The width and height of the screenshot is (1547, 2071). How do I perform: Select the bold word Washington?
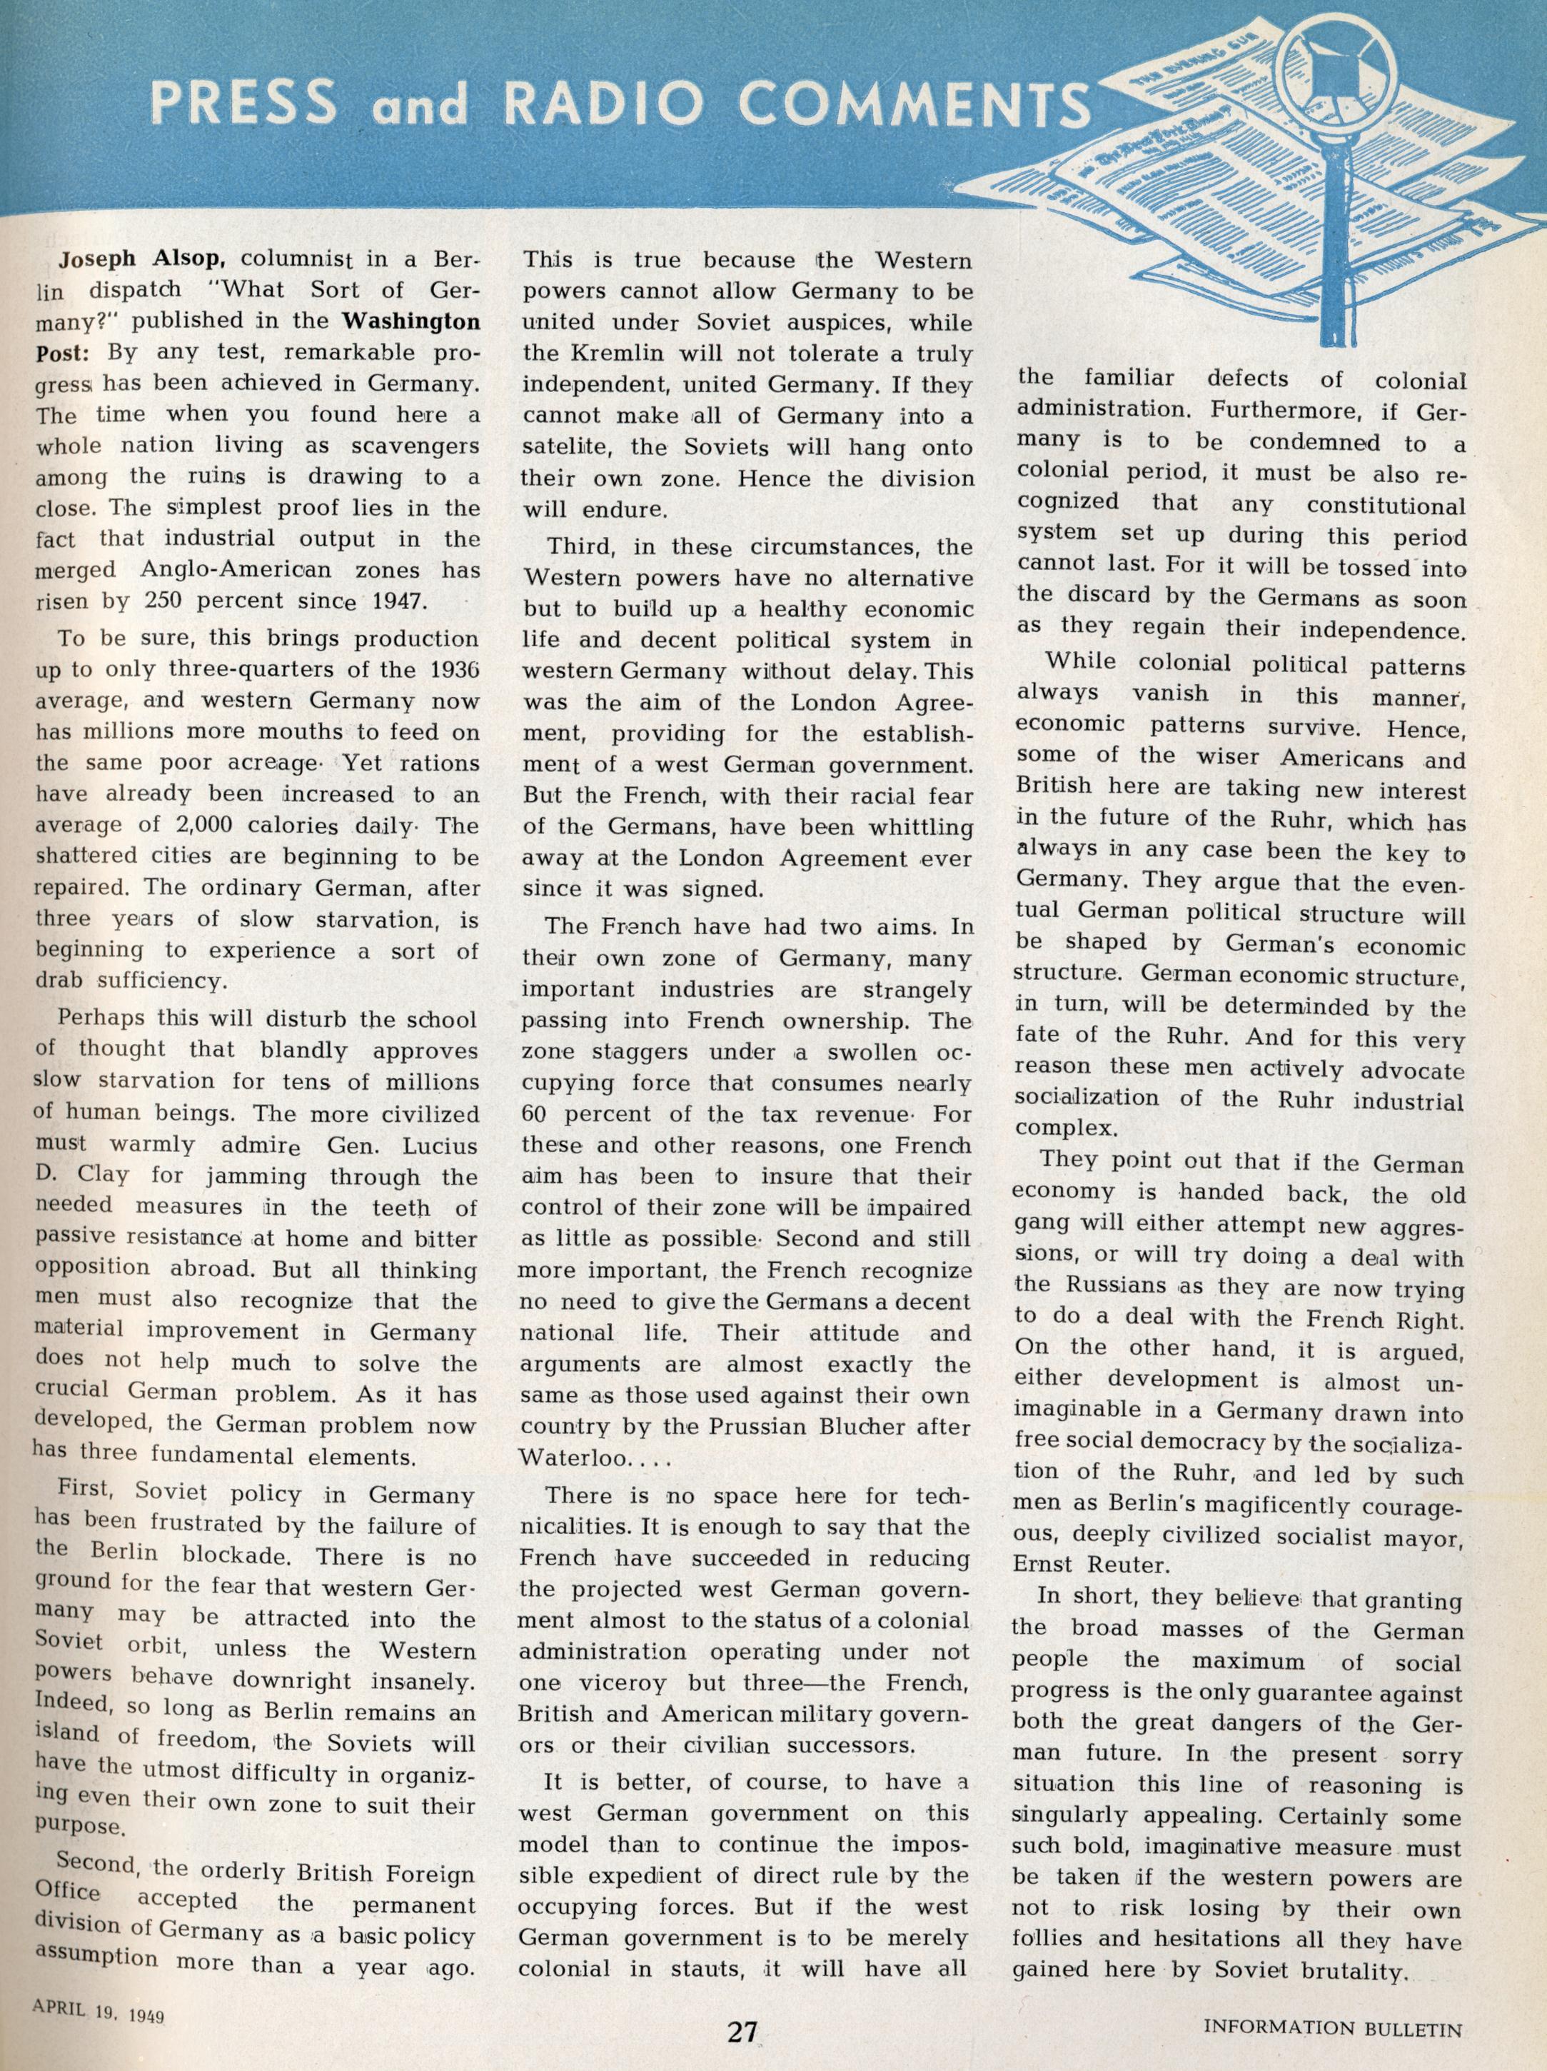click(409, 321)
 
